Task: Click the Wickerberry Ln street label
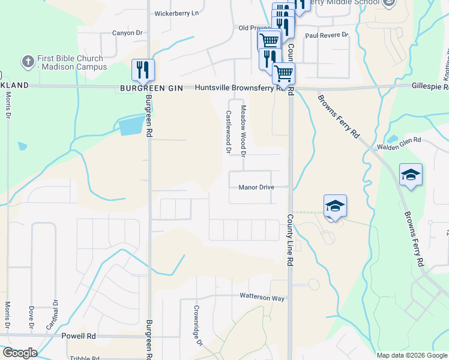[176, 13]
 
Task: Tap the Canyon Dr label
[129, 33]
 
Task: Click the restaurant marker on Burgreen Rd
[143, 70]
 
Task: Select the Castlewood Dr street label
[228, 131]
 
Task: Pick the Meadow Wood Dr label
[244, 131]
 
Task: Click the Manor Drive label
[256, 187]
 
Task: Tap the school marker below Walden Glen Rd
[411, 175]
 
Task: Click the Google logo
[20, 353]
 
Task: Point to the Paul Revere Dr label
[327, 35]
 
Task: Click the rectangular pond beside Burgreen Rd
[131, 125]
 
